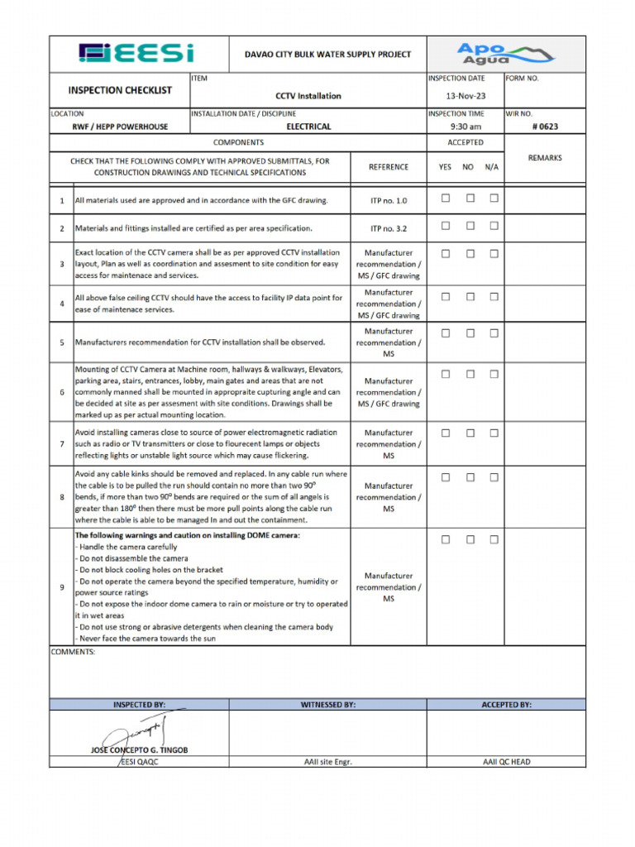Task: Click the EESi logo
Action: coord(136,54)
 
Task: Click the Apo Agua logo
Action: coord(505,54)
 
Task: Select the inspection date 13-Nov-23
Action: coord(466,96)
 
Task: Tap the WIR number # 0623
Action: coord(544,127)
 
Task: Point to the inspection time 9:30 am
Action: coord(466,127)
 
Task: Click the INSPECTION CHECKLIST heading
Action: coord(120,90)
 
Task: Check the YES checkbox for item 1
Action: coord(446,199)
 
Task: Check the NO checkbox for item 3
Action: coord(470,254)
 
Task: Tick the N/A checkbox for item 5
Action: coord(494,333)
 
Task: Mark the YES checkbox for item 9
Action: coord(446,539)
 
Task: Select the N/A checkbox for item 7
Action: coord(494,433)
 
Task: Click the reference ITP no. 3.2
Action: coord(389,228)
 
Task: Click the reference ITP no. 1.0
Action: coord(389,200)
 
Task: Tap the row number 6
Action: coord(61,392)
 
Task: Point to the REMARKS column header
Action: coord(545,157)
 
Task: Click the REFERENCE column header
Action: coord(389,167)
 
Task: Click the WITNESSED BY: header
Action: coord(327,705)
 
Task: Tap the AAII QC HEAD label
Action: coord(506,762)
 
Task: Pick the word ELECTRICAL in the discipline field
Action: coord(308,127)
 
